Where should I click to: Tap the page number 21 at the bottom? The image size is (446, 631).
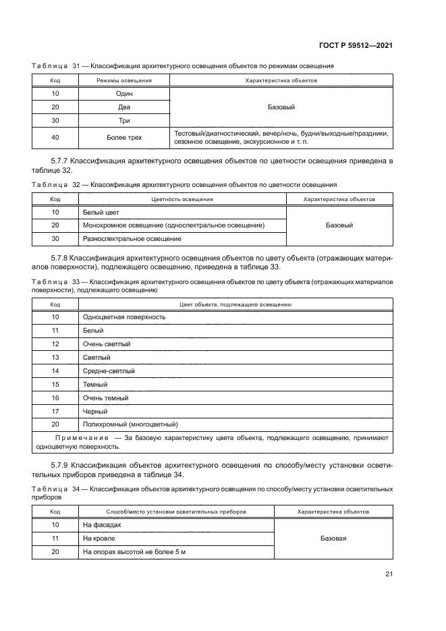pyautogui.click(x=389, y=574)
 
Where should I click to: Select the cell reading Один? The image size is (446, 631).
pyautogui.click(x=123, y=94)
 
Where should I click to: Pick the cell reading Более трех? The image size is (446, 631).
pyautogui.click(x=123, y=138)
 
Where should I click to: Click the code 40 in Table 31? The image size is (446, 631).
pyautogui.click(x=55, y=138)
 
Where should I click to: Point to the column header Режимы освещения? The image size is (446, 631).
pyautogui.click(x=123, y=80)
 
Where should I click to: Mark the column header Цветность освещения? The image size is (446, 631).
pyautogui.click(x=182, y=199)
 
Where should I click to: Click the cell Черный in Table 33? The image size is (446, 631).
pyautogui.click(x=94, y=411)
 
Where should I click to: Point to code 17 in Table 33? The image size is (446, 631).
pyautogui.click(x=55, y=411)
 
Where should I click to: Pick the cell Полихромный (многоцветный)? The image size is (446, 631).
pyautogui.click(x=129, y=424)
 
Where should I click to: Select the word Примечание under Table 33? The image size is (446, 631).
pyautogui.click(x=65, y=438)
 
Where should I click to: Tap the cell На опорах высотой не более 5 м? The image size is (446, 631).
pyautogui.click(x=134, y=551)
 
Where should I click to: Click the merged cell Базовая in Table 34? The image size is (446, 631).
pyautogui.click(x=333, y=538)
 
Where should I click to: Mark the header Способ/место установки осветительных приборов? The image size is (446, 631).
pyautogui.click(x=176, y=512)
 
